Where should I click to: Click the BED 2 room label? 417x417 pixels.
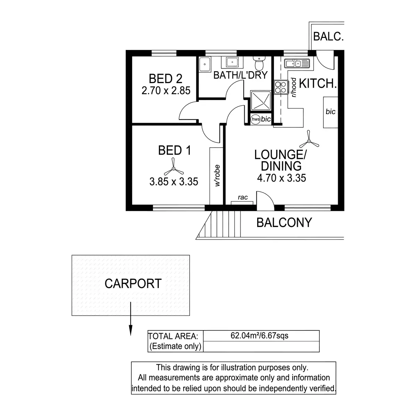pyautogui.click(x=165, y=79)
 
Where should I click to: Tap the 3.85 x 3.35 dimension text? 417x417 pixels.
pyautogui.click(x=174, y=181)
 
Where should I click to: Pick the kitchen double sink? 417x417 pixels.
pyautogui.click(x=296, y=64)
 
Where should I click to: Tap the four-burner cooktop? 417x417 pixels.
pyautogui.click(x=280, y=87)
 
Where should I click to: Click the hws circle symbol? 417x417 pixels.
pyautogui.click(x=255, y=119)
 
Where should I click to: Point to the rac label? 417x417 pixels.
pyautogui.click(x=243, y=198)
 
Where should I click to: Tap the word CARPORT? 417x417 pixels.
pyautogui.click(x=133, y=284)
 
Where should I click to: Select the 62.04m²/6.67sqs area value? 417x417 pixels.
pyautogui.click(x=260, y=336)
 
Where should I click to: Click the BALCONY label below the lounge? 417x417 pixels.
pyautogui.click(x=284, y=222)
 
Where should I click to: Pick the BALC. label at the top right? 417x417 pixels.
pyautogui.click(x=328, y=36)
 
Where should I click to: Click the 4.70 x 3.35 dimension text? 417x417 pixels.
pyautogui.click(x=281, y=178)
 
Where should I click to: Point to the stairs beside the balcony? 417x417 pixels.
pyautogui.click(x=225, y=224)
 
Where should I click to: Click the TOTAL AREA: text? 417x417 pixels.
pyautogui.click(x=173, y=336)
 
